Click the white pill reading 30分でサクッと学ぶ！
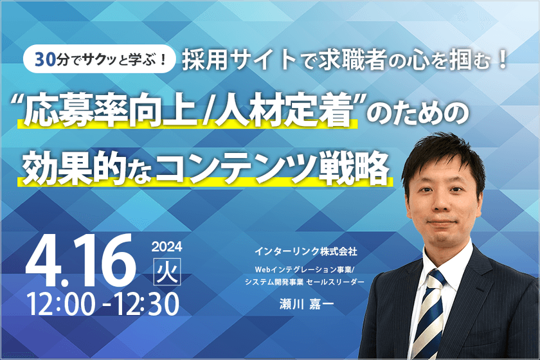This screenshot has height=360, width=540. point(99,60)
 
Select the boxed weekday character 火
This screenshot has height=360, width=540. point(166,271)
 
